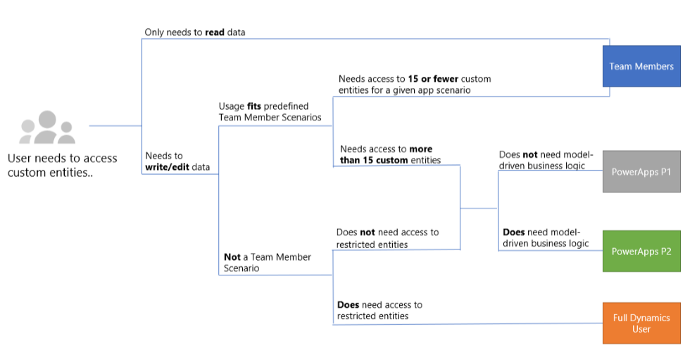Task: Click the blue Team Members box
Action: [641, 66]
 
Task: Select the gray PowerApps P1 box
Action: [641, 172]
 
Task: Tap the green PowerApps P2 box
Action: [641, 251]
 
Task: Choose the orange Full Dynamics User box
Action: [641, 323]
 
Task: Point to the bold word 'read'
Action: [215, 32]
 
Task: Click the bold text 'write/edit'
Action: [167, 167]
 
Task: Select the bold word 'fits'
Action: [254, 106]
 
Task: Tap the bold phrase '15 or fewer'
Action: [434, 79]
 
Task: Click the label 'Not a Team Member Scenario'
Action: [268, 263]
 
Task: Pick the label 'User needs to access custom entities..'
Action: [62, 166]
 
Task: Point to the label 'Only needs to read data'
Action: [195, 32]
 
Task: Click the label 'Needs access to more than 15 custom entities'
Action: [390, 154]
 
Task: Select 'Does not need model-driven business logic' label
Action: [546, 160]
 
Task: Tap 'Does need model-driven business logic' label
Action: [546, 237]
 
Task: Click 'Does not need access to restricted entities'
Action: [388, 238]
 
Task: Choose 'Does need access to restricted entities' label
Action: [379, 310]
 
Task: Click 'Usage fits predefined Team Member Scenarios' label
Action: [270, 112]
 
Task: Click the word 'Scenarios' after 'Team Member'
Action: [301, 118]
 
